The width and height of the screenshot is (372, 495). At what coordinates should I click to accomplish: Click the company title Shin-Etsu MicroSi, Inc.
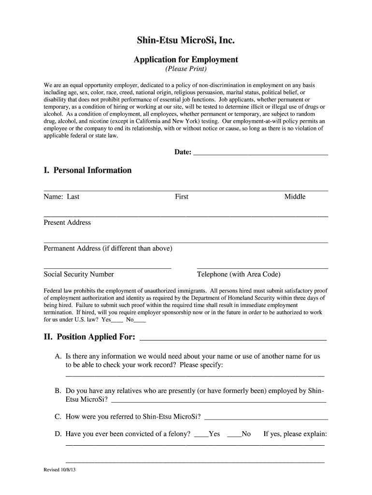click(x=186, y=41)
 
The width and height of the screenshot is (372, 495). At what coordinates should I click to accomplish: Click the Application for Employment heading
click(x=186, y=59)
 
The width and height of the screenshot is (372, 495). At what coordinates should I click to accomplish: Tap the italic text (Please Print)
click(x=186, y=69)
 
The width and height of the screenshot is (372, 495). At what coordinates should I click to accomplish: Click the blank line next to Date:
click(x=260, y=153)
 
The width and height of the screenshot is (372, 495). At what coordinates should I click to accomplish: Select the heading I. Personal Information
click(x=87, y=170)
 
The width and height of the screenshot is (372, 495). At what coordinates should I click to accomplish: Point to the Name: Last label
click(x=62, y=197)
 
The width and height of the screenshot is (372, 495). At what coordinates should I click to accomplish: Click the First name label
click(x=182, y=197)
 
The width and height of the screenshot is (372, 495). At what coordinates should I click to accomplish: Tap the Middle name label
click(x=295, y=197)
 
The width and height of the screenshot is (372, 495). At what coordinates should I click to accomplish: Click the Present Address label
click(x=67, y=222)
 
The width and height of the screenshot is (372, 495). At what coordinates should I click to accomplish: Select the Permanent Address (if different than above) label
click(x=108, y=248)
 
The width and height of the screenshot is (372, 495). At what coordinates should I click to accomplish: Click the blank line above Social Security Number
click(x=107, y=267)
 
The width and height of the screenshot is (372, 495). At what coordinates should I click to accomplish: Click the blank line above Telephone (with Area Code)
click(x=262, y=267)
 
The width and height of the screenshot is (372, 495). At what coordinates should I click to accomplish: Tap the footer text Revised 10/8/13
click(x=60, y=470)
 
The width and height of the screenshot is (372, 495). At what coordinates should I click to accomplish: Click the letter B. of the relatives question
click(x=58, y=391)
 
